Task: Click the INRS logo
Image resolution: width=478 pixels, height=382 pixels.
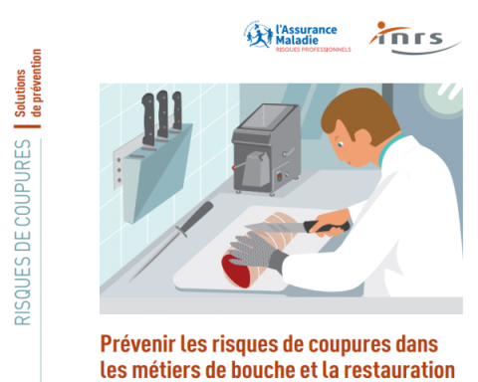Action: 415,38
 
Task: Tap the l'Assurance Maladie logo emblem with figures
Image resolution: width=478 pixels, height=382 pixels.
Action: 259,35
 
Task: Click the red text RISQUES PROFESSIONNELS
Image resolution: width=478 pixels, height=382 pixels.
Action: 313,50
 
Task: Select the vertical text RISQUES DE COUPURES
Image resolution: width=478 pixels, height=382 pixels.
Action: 23,232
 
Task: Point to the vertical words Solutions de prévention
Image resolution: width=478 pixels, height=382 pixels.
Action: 28,84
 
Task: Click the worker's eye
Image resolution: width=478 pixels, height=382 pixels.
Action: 341,144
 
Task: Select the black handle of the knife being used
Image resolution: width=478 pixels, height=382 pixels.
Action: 326,226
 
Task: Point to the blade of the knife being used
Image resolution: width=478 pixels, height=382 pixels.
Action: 274,227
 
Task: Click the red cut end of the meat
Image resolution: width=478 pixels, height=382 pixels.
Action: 237,270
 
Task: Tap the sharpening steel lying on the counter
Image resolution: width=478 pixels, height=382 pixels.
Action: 172,241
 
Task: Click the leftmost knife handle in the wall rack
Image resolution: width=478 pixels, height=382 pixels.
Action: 148,119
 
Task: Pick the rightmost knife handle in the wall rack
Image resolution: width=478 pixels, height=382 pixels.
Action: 177,110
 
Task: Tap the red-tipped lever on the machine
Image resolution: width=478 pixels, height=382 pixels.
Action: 238,166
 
